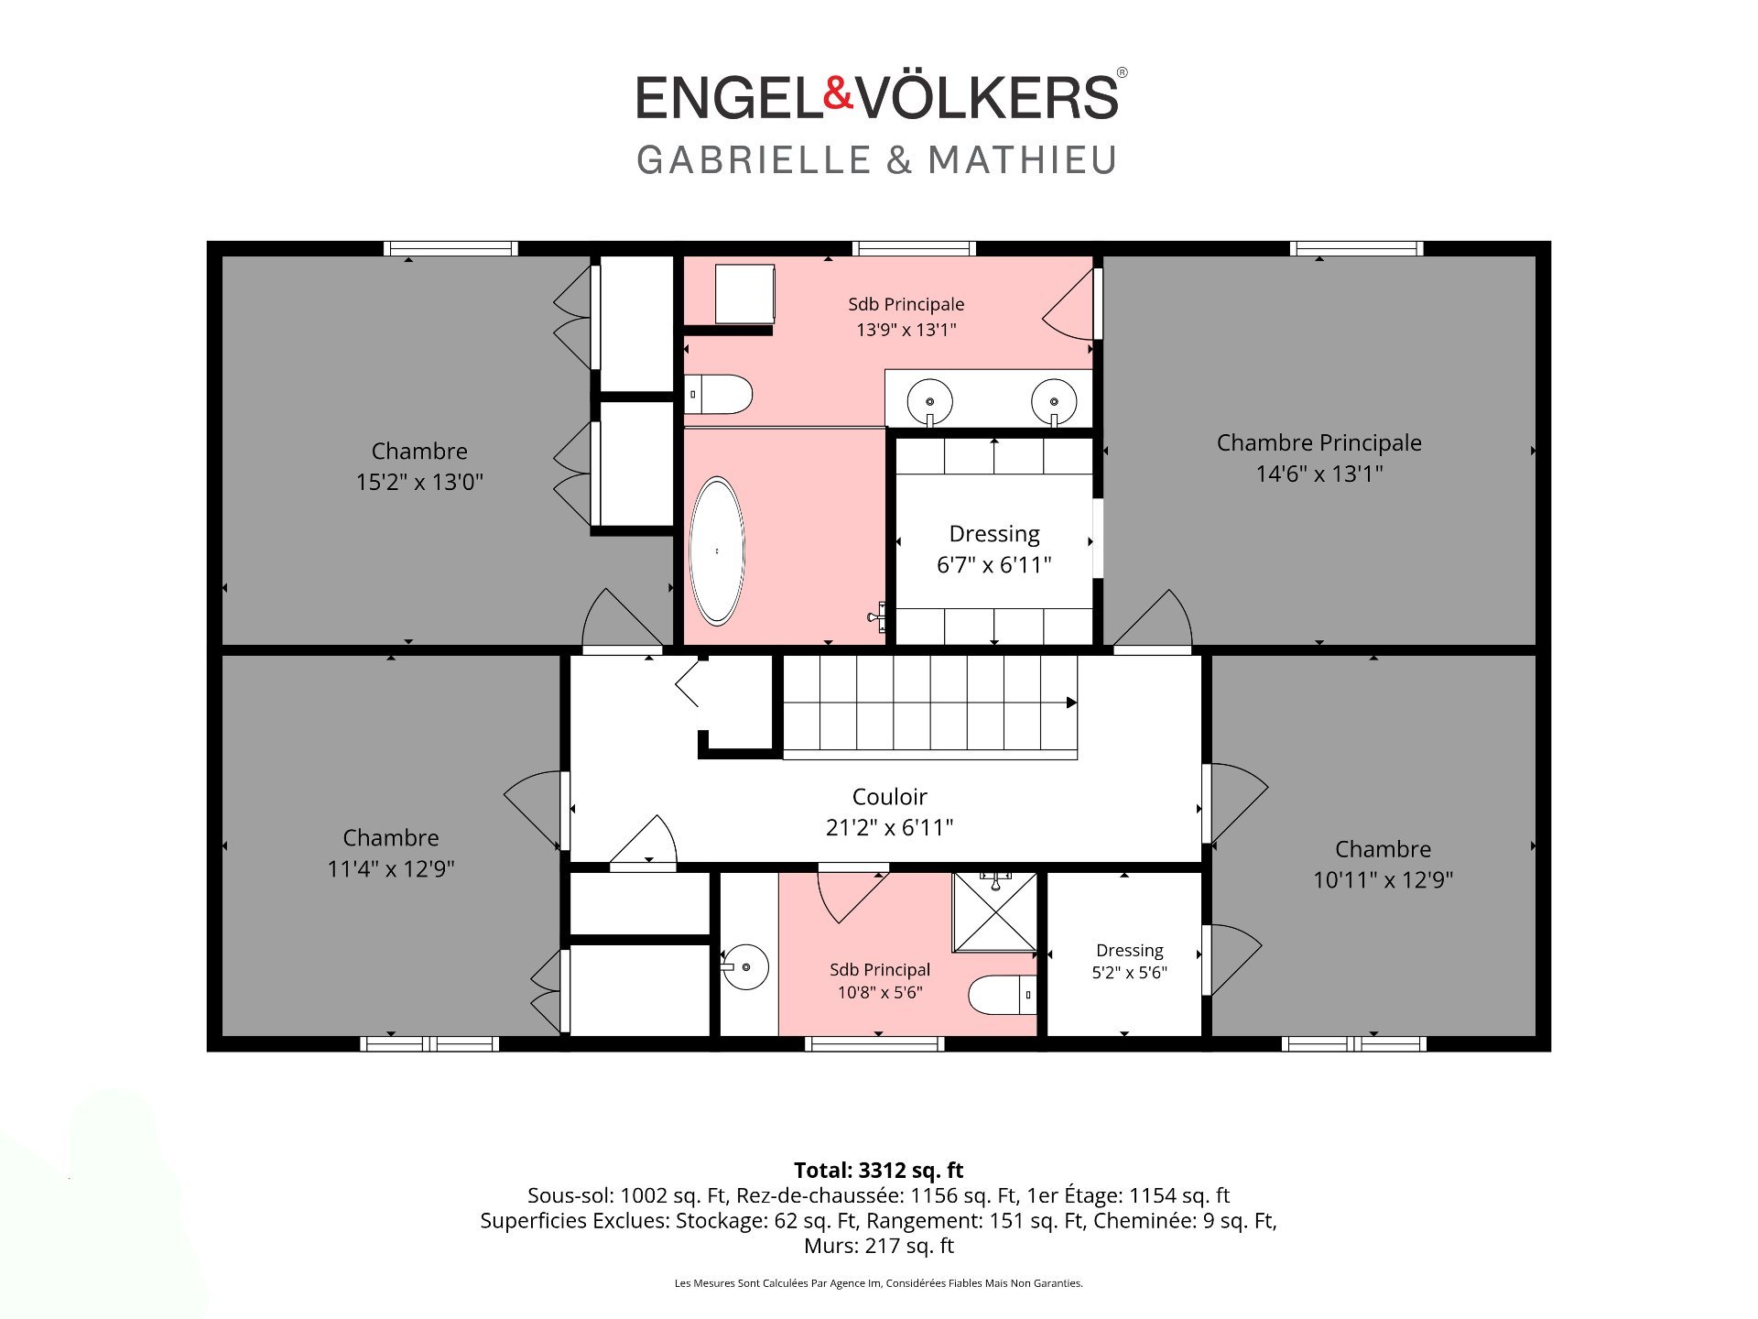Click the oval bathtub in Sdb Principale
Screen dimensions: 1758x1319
click(x=717, y=550)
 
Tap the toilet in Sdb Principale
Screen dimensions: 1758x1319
click(x=719, y=395)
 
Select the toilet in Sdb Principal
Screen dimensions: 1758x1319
click(x=1003, y=995)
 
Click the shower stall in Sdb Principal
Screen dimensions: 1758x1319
click(x=995, y=912)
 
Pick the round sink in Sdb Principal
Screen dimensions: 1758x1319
click(x=745, y=967)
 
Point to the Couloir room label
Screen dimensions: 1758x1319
click(x=889, y=797)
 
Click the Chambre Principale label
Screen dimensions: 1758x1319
click(x=1318, y=443)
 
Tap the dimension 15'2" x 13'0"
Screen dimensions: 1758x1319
click(x=419, y=482)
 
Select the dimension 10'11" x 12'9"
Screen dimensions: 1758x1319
click(x=1383, y=880)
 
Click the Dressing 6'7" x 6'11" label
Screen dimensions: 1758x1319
click(x=994, y=550)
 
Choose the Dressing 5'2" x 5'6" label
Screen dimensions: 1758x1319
click(x=1130, y=962)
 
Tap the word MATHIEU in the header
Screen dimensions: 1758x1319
click(x=1023, y=160)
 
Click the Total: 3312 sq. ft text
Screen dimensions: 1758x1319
click(x=878, y=1170)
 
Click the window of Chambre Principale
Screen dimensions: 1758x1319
click(x=1356, y=248)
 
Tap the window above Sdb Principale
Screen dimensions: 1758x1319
click(x=914, y=248)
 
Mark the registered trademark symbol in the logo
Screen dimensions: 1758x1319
click(x=1123, y=72)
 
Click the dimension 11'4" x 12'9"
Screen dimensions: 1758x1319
click(x=391, y=869)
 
